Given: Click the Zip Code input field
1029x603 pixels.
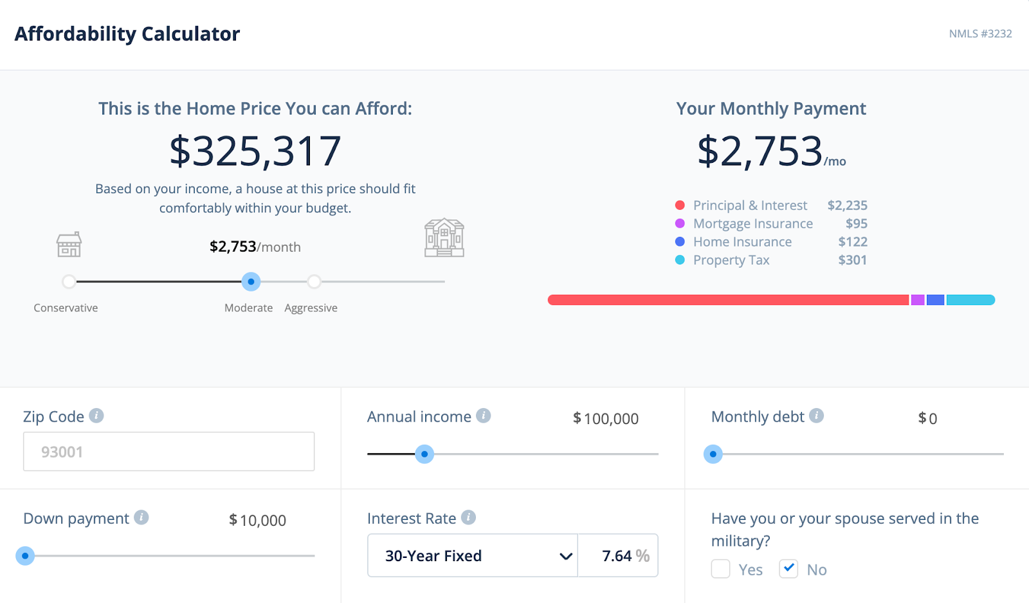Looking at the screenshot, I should coord(168,452).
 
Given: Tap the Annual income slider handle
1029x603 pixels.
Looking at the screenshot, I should coord(424,454).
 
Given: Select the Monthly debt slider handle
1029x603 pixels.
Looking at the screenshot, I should coord(713,454).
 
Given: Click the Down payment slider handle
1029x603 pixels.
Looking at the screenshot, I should coord(25,556).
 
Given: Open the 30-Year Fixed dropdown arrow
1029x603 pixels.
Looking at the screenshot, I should coord(565,556).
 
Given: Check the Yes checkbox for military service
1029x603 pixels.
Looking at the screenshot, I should coord(720,569).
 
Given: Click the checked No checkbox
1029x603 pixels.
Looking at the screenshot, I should coord(788,569).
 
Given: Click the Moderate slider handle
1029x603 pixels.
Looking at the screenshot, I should coord(251,282).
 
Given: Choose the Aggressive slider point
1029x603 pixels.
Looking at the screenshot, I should coord(314,282).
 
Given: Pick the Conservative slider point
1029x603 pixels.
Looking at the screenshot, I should coord(69,282).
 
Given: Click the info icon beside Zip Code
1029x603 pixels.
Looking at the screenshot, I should coord(96,416).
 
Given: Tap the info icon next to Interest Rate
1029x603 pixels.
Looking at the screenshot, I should coord(468,517).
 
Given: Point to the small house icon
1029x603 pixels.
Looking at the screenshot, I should coord(69,245).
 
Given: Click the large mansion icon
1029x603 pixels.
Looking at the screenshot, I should coord(444,238).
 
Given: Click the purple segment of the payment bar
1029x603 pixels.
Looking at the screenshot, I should coord(918,300).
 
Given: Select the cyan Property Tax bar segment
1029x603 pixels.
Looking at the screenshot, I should coord(970,300).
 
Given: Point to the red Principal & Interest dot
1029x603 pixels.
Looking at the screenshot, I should coord(680,205).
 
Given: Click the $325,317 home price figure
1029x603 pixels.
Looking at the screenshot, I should coord(255,151).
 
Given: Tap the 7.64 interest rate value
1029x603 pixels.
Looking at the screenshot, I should coord(617,556).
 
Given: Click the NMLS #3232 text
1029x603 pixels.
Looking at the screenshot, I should coord(980,33).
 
